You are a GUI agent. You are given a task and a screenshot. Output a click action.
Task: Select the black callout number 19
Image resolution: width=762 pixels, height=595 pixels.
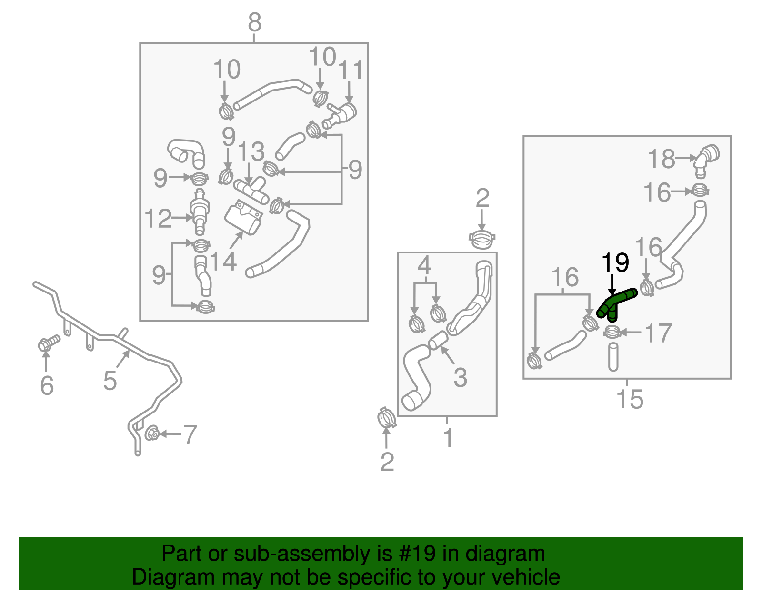point(615,262)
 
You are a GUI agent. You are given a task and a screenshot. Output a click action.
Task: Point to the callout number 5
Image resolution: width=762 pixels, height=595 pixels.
point(110,381)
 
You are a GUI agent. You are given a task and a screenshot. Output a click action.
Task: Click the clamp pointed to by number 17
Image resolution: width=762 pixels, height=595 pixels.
point(612,332)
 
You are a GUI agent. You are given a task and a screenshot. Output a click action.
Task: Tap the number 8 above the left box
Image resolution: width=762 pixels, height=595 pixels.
point(255,22)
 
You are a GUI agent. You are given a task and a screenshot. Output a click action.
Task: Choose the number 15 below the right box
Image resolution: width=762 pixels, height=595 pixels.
point(630,399)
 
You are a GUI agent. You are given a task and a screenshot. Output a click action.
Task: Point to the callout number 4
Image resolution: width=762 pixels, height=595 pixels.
point(424,266)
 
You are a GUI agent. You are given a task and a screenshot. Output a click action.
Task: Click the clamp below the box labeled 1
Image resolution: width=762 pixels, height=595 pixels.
point(386,419)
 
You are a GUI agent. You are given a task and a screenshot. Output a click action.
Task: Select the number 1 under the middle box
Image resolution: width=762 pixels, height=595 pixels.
point(448,437)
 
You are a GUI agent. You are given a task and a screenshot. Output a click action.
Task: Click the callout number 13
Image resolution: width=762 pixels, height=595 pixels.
point(251,152)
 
